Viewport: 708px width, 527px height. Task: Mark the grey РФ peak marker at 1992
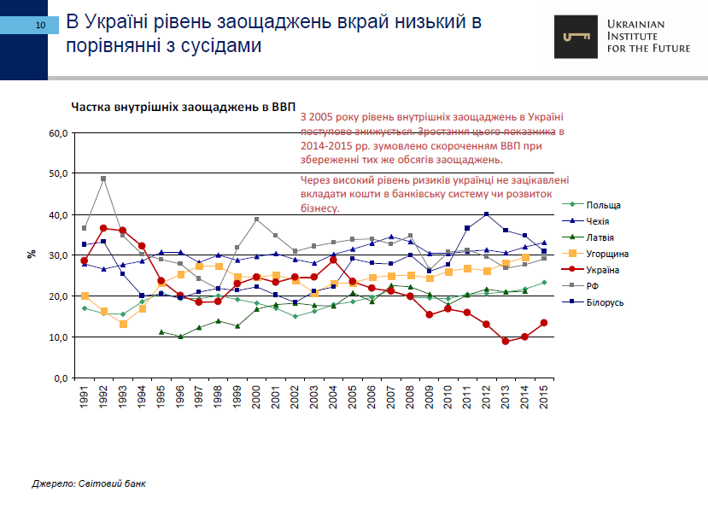coord(103,179)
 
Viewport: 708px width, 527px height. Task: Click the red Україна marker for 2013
coord(506,341)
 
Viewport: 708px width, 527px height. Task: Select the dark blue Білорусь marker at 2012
coord(487,214)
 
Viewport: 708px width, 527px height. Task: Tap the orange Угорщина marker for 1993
coord(123,325)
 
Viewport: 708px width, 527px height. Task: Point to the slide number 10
coord(40,27)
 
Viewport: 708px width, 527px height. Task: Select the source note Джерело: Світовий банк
coord(89,483)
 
